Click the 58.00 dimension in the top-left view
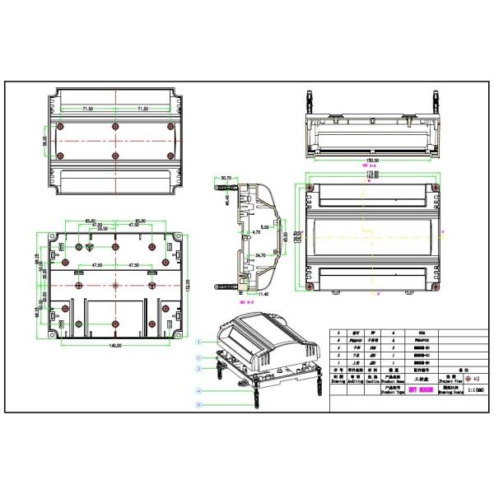coord(45,142)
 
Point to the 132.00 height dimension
coord(188,285)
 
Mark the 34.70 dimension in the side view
coord(259,256)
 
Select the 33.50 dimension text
coord(103,230)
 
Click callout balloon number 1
coord(198,340)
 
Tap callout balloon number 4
coord(198,390)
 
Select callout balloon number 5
coord(198,404)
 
